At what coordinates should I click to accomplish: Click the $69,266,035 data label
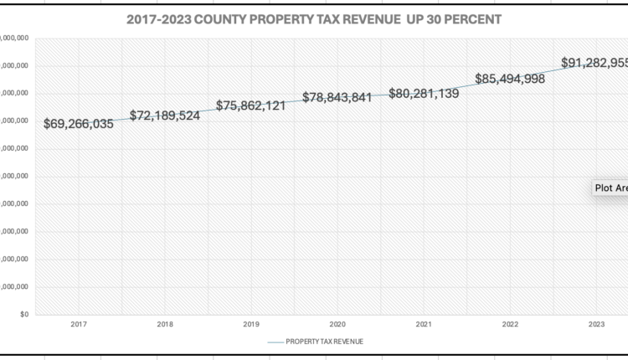pos(79,124)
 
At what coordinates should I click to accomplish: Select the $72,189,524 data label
pos(165,116)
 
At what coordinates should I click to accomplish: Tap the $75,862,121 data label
pos(251,106)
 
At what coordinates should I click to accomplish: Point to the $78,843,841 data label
pos(337,98)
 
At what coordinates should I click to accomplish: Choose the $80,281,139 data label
pos(424,94)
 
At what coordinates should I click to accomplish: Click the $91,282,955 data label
pos(595,63)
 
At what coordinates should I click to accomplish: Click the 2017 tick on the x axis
pos(79,324)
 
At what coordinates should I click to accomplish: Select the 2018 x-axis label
pos(165,324)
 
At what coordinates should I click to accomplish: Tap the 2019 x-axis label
pos(251,324)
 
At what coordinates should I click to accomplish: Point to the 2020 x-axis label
pos(337,324)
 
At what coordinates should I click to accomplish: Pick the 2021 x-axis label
pos(424,324)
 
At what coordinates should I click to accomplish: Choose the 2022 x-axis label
pos(510,324)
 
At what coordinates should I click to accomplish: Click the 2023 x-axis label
pos(596,324)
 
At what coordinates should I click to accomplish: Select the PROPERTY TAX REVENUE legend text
pos(325,342)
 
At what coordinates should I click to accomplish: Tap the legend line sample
pos(275,342)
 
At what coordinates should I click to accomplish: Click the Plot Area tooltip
pos(610,188)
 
